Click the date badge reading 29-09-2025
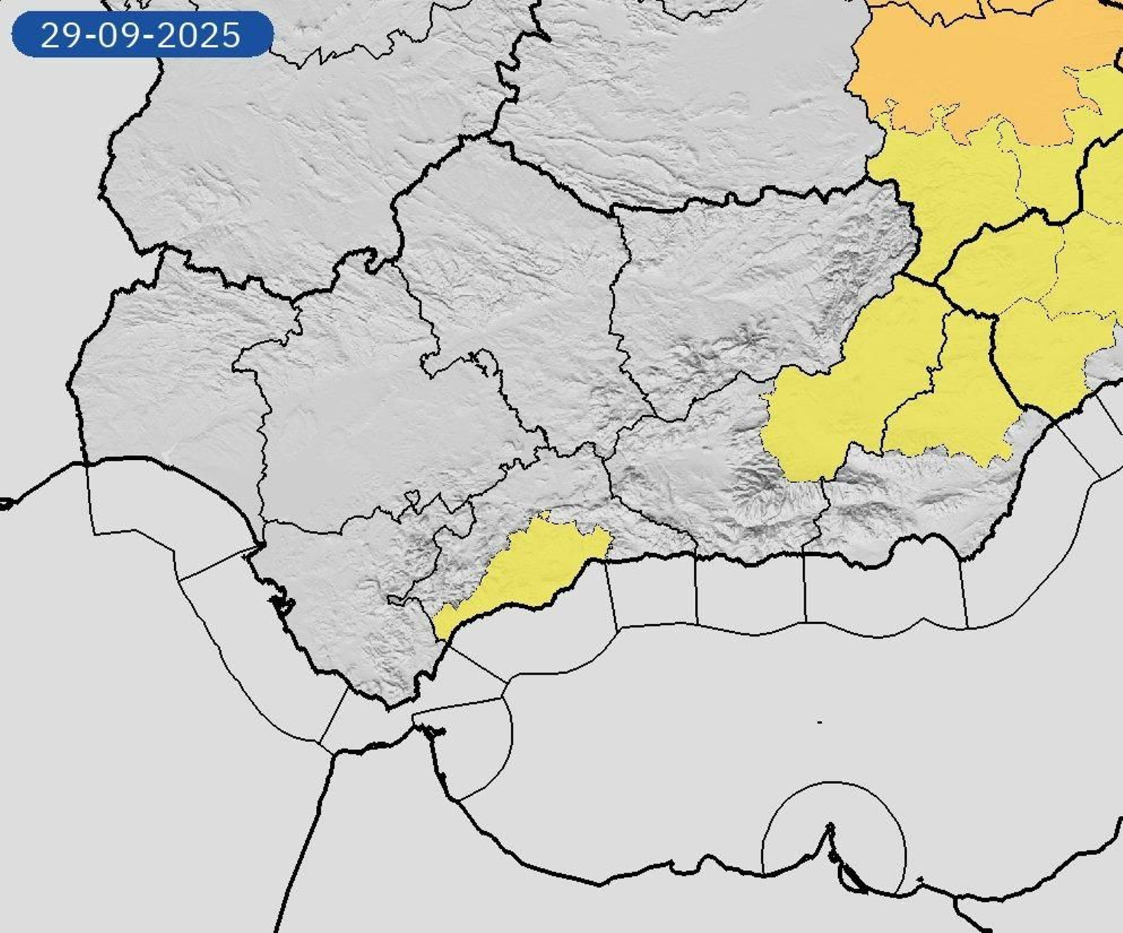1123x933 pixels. [x=142, y=34]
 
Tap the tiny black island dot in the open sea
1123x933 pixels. [x=820, y=722]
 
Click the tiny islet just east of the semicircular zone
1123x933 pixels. [x=919, y=879]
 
